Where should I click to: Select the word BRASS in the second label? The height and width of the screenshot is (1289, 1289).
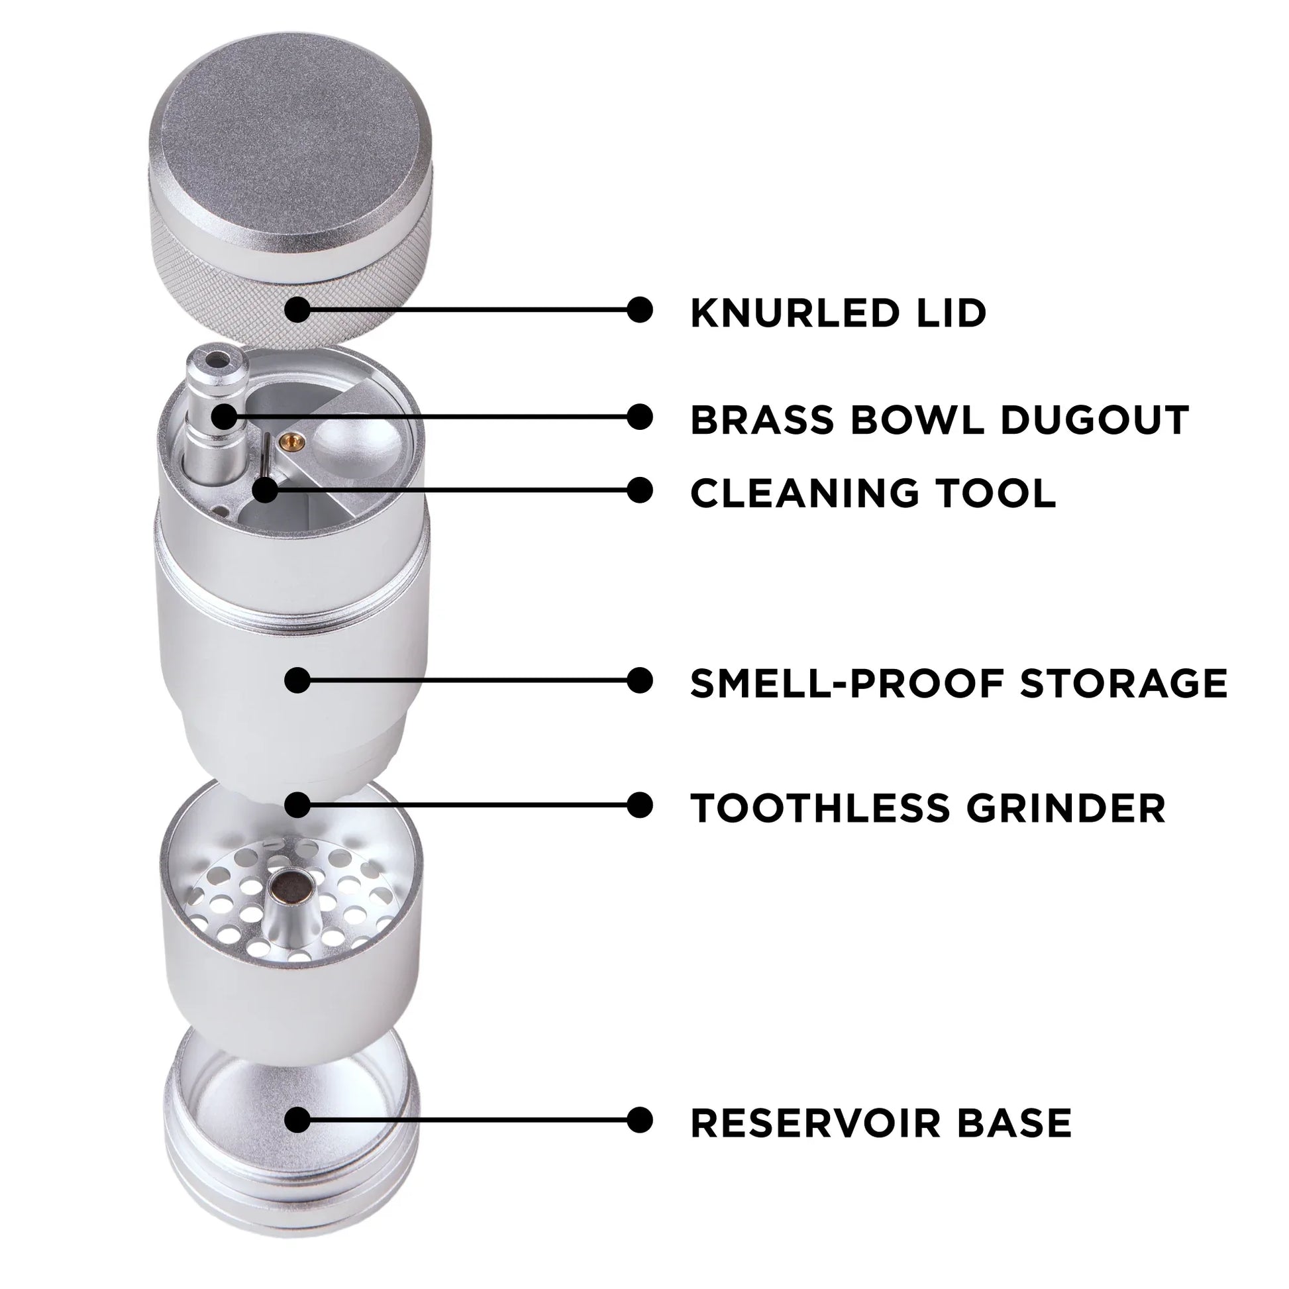point(762,420)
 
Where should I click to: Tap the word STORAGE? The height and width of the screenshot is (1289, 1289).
point(1123,683)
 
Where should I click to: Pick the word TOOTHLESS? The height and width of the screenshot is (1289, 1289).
point(820,808)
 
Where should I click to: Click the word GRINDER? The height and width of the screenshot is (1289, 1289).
point(1066,808)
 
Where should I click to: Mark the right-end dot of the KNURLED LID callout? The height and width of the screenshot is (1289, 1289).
point(639,309)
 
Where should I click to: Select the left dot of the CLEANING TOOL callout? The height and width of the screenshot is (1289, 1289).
point(266,490)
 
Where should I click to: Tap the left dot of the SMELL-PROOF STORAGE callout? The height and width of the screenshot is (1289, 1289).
point(297,680)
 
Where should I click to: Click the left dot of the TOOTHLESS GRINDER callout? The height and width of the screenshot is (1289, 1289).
point(297,805)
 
